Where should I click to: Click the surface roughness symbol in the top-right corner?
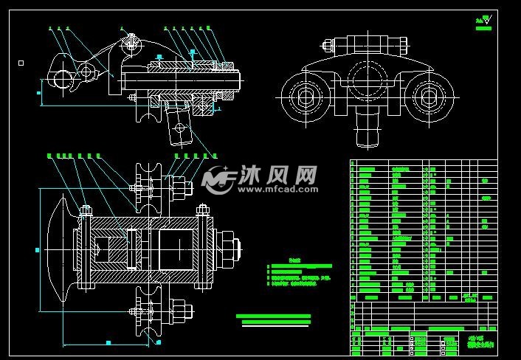pyautogui.click(x=484, y=21)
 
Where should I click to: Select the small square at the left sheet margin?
pyautogui.click(x=21, y=63)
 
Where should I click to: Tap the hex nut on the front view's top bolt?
pyautogui.click(x=366, y=42)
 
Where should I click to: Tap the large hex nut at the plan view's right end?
pyautogui.click(x=228, y=248)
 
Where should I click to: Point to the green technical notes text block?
pyautogui.click(x=299, y=272)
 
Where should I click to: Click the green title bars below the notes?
pyautogui.click(x=274, y=319)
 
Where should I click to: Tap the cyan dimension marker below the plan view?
pyautogui.click(x=108, y=342)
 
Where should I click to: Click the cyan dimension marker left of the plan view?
pyautogui.click(x=38, y=249)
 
